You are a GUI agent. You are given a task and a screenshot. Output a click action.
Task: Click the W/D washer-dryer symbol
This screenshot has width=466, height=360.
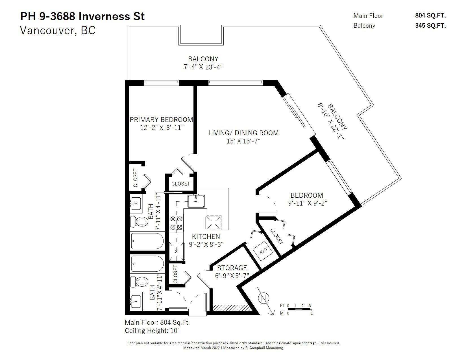263,251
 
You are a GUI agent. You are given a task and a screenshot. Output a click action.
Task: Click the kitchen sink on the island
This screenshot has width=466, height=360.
196,201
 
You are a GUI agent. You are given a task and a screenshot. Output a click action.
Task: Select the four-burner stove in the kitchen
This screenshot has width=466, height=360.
176,223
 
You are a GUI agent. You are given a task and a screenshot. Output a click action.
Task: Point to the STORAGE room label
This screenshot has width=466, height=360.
232,268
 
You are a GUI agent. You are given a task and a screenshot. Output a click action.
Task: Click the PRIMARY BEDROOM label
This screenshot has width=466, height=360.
161,119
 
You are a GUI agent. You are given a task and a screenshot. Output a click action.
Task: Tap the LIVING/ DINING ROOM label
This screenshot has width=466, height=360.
243,133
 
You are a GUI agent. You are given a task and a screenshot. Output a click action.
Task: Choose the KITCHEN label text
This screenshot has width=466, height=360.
206,237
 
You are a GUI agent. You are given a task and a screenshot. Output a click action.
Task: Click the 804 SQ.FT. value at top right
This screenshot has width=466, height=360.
430,16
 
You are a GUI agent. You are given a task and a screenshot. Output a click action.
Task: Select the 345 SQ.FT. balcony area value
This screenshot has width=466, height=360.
430,25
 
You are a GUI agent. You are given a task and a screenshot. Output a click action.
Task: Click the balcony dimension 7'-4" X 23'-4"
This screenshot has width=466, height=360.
203,67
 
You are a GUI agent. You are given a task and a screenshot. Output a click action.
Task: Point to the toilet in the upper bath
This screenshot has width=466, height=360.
140,221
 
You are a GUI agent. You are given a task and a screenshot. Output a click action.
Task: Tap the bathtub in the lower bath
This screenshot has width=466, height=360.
147,264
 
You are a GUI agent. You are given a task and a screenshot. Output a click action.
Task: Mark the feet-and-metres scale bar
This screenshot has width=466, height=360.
299,309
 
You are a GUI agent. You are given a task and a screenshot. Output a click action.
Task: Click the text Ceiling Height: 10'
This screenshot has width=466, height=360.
152,331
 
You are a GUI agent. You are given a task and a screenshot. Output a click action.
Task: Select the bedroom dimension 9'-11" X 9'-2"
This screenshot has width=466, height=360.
308,203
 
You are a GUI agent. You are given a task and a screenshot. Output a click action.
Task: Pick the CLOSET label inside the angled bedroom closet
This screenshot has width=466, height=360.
277,236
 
